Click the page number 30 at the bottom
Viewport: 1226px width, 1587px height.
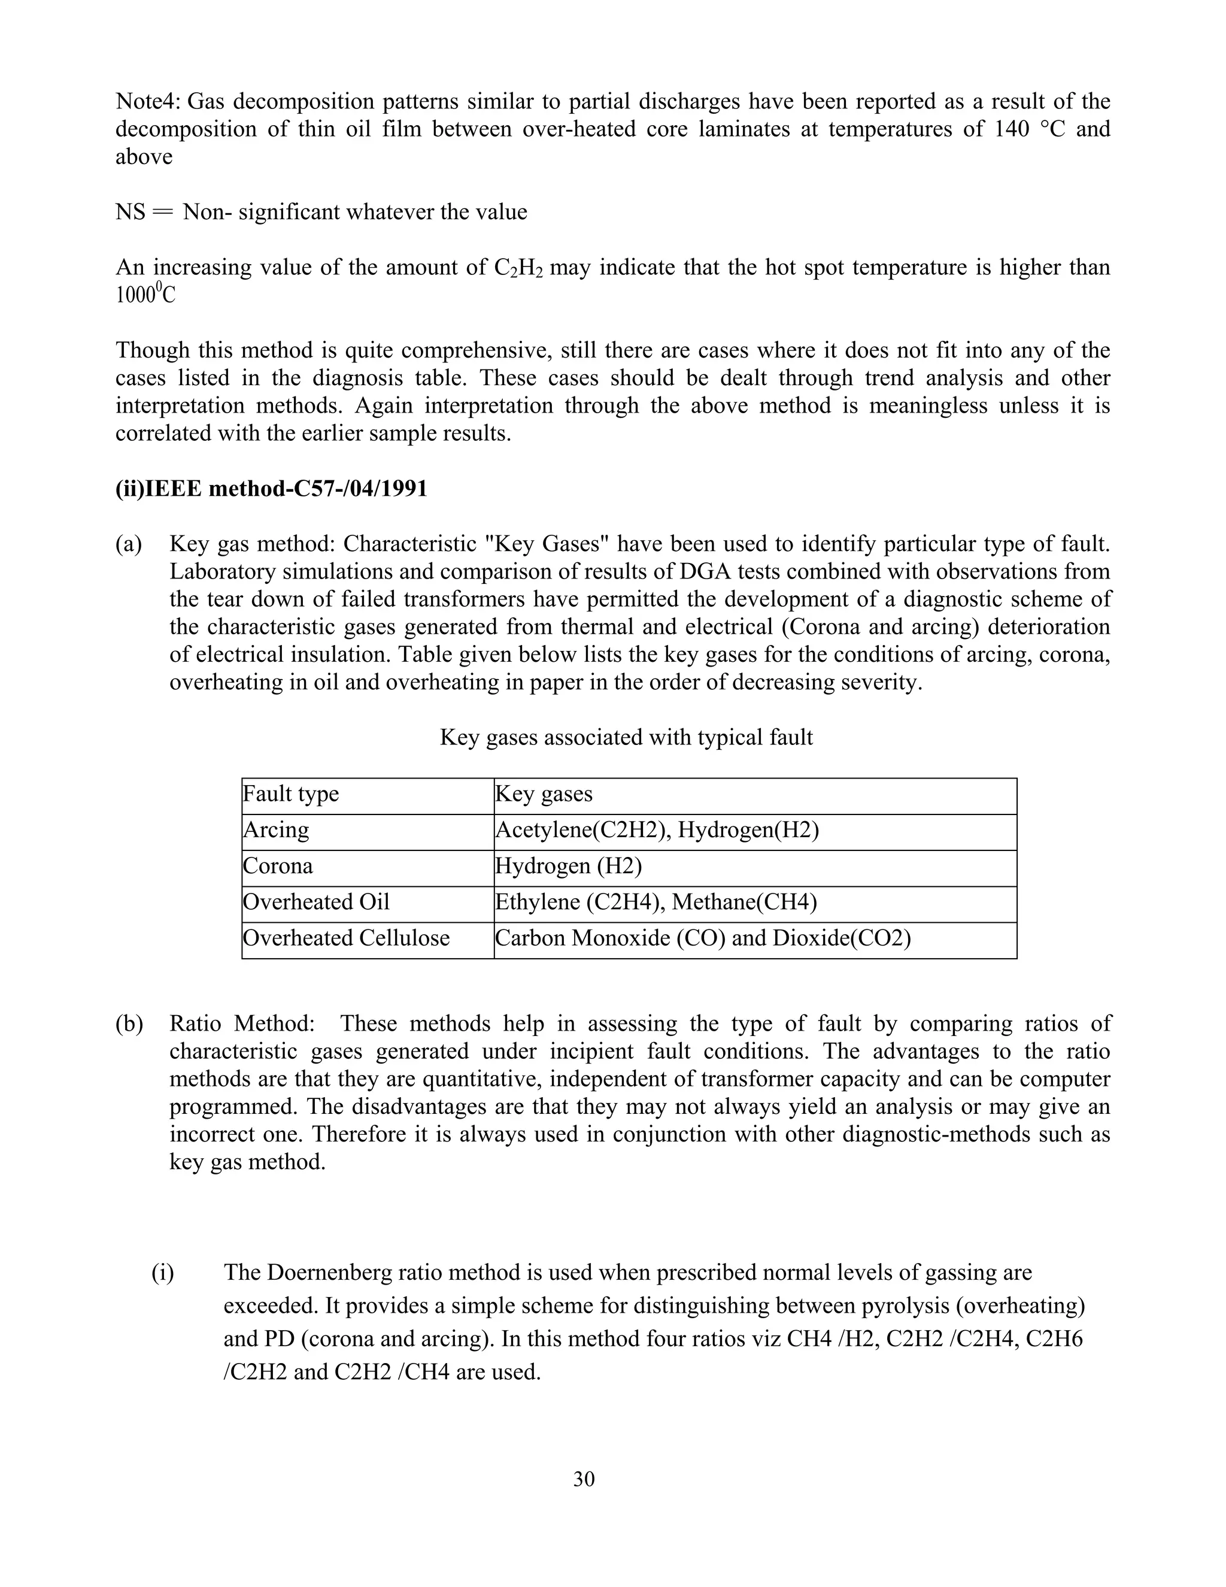(583, 1479)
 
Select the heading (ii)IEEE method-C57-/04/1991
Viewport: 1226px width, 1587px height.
(272, 488)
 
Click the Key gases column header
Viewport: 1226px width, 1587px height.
(544, 793)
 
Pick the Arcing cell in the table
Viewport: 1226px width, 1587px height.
(276, 830)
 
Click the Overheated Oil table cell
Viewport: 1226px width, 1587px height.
(316, 902)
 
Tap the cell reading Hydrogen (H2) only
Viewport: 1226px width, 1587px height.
(568, 866)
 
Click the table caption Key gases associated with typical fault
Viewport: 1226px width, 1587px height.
(626, 738)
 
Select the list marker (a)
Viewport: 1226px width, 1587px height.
(129, 544)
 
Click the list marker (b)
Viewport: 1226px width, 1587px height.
(129, 1024)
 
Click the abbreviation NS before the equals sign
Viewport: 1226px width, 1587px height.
(130, 212)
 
